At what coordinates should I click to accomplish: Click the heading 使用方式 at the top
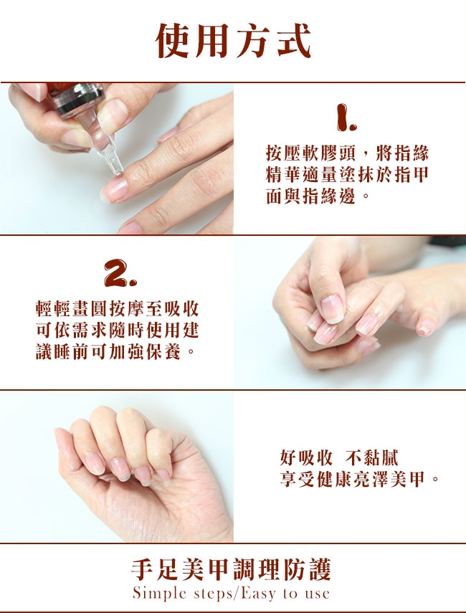[233, 41]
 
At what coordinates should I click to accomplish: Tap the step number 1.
[346, 117]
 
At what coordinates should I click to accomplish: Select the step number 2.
[120, 273]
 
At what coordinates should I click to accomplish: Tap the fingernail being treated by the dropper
[115, 189]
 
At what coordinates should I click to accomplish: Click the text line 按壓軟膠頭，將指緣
[347, 153]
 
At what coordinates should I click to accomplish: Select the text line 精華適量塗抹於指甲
[347, 174]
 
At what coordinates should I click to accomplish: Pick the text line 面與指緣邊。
[318, 196]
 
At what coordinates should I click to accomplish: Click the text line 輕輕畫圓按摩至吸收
[118, 309]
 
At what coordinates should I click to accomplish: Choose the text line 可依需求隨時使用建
[118, 331]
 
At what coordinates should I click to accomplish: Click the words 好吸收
[306, 458]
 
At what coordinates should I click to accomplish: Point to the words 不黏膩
[372, 458]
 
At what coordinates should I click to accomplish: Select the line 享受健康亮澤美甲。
[360, 480]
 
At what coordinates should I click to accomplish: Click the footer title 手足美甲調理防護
[232, 569]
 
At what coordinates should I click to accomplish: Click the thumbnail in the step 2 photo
[331, 309]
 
